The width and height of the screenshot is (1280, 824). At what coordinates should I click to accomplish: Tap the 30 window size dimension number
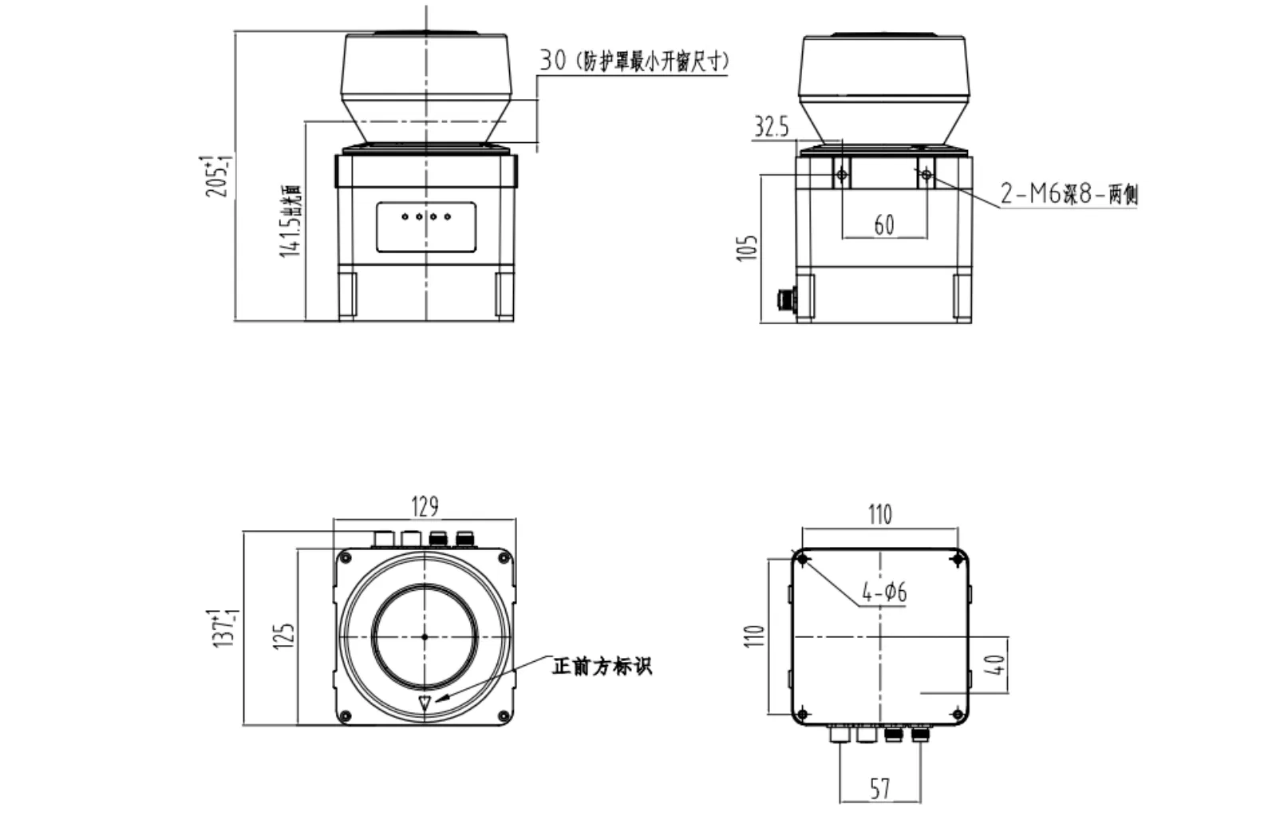click(x=552, y=60)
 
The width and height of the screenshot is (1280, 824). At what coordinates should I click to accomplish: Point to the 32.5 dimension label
click(x=770, y=126)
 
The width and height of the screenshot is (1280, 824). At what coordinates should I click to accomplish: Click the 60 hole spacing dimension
click(x=883, y=225)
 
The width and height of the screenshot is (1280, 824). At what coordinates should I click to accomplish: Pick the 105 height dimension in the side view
click(x=747, y=248)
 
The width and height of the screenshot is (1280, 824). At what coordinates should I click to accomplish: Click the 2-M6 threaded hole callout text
click(x=1069, y=193)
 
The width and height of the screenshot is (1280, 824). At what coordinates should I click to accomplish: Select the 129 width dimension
click(x=425, y=506)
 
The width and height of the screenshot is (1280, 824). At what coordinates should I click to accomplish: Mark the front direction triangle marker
click(x=425, y=703)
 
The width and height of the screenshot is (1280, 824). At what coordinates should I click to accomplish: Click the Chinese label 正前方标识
click(x=602, y=666)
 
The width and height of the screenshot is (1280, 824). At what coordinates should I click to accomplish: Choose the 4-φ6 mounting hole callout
click(x=884, y=592)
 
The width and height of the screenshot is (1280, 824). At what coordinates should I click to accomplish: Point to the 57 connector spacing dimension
click(x=879, y=789)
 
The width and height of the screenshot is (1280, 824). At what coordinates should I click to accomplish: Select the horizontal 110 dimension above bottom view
click(x=879, y=514)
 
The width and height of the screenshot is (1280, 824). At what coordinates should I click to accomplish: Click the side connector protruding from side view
click(x=786, y=299)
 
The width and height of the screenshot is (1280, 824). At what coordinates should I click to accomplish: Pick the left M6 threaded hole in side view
click(x=842, y=174)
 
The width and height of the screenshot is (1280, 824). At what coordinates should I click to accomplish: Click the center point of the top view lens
click(x=425, y=636)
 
